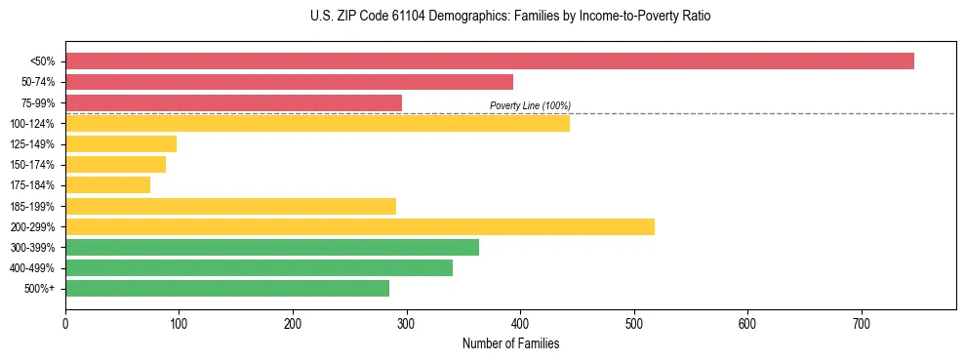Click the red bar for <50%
(489, 61)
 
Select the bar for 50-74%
(289, 82)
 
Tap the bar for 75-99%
(233, 102)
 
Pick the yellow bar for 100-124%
(317, 123)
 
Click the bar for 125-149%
(121, 144)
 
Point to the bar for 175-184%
(107, 185)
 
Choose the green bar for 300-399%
(272, 247)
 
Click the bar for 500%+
(227, 288)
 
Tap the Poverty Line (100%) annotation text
(530, 105)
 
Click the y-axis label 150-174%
(32, 165)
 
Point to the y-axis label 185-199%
(32, 206)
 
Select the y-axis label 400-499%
(32, 268)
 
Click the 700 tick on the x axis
(862, 323)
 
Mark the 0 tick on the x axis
(65, 323)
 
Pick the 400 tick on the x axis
(520, 323)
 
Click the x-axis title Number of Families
(510, 343)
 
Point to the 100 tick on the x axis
(179, 323)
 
